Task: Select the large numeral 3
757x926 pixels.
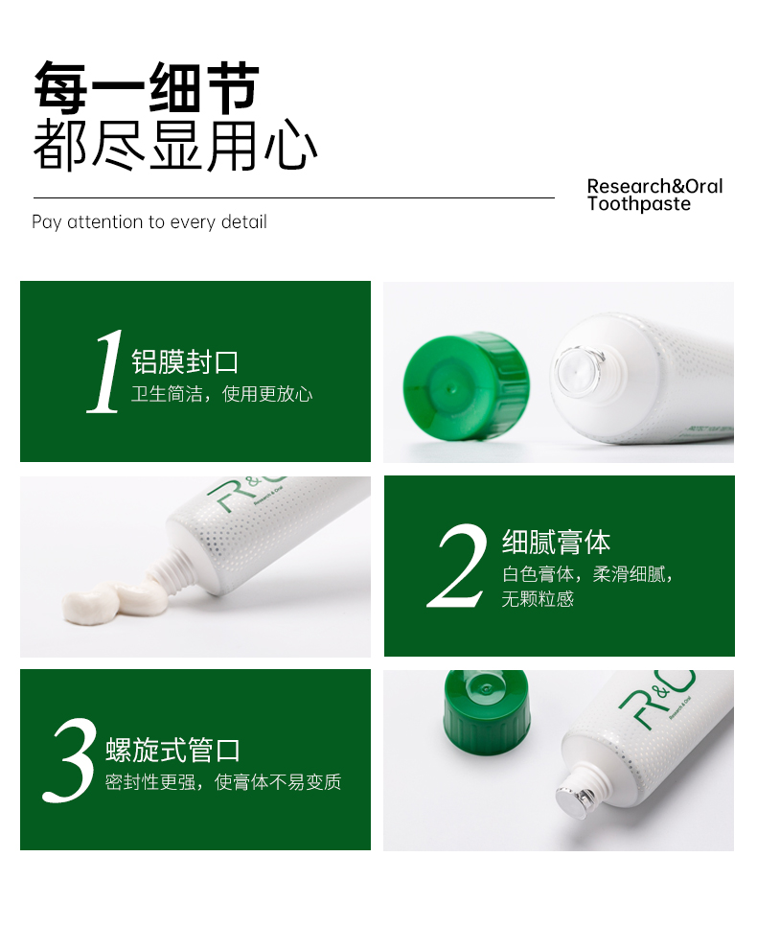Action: click(69, 759)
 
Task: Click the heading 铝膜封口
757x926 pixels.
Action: click(185, 361)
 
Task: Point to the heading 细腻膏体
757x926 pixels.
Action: click(556, 542)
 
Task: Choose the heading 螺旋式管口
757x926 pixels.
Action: click(173, 750)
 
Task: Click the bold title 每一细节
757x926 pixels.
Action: click(147, 87)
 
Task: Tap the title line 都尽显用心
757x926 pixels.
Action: click(175, 145)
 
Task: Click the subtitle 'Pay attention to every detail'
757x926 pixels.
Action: click(149, 222)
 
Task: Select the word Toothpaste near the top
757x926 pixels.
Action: click(639, 204)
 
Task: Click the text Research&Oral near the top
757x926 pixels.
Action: click(654, 186)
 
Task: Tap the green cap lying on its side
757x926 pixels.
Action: click(467, 386)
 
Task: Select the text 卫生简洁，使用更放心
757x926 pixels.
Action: click(221, 394)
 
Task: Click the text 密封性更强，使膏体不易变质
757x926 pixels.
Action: click(223, 782)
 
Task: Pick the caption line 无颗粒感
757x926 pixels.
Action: click(538, 599)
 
